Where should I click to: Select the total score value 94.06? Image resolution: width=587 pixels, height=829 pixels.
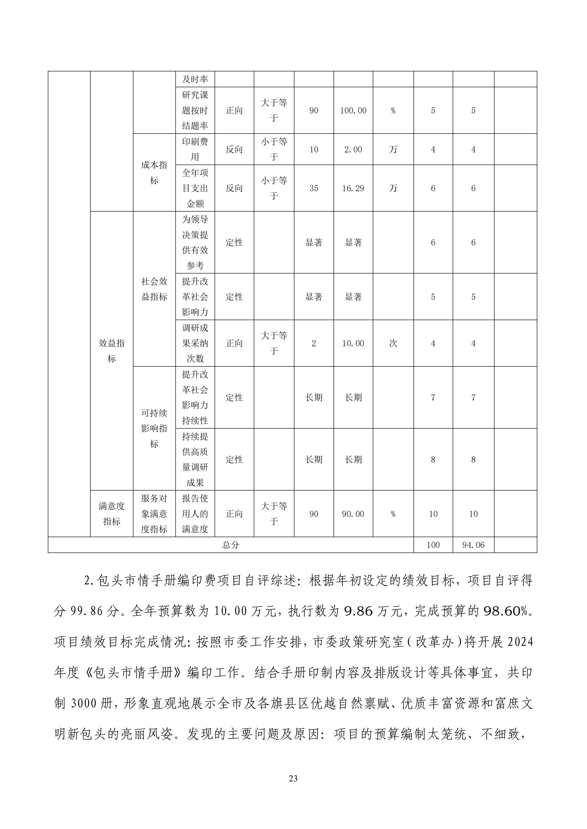473,545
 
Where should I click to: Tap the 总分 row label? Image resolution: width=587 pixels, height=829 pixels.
231,545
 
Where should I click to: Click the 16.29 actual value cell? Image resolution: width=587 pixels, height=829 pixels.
353,188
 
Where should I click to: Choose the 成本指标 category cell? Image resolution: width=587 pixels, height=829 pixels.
154,173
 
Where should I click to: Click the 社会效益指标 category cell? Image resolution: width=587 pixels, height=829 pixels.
154,289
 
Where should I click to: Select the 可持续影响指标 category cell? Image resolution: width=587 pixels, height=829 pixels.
154,428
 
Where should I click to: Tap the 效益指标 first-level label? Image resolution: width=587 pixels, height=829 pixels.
112,351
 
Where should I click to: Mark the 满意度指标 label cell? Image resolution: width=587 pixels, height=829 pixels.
112,513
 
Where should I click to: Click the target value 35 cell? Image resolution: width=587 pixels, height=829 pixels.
314,188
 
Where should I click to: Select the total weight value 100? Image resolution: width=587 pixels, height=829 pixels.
433,545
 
